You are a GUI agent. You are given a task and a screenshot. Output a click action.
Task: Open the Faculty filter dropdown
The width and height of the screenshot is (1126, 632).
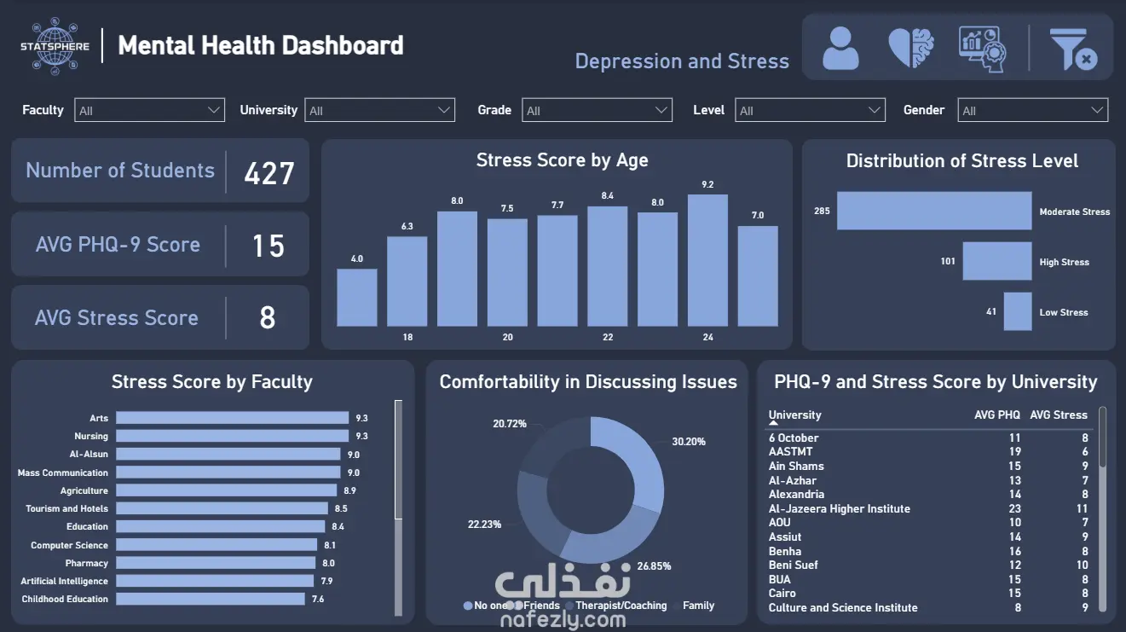pyautogui.click(x=149, y=110)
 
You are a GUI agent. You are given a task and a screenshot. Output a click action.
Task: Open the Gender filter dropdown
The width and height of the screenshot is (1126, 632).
pyautogui.click(x=1032, y=110)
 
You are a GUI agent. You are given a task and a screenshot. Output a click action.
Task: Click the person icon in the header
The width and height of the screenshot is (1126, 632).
pyautogui.click(x=840, y=48)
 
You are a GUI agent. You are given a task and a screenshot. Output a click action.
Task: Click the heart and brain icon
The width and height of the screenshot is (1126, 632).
pyautogui.click(x=911, y=48)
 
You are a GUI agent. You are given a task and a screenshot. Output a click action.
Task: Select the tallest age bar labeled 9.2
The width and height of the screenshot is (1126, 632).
pyautogui.click(x=707, y=260)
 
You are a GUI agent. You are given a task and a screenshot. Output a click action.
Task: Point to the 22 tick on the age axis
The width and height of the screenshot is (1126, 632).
pyautogui.click(x=608, y=338)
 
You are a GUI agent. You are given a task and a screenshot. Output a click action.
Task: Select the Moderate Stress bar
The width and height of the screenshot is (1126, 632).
pyautogui.click(x=933, y=211)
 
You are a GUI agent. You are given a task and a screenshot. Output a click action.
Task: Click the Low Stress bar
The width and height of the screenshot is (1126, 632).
pyautogui.click(x=1018, y=311)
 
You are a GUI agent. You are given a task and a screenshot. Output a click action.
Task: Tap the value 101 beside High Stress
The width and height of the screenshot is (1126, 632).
pyautogui.click(x=948, y=262)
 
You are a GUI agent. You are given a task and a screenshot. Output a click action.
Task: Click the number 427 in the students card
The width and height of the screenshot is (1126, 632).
pyautogui.click(x=269, y=173)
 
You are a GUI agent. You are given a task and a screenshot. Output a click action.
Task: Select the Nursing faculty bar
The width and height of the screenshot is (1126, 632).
pyautogui.click(x=232, y=436)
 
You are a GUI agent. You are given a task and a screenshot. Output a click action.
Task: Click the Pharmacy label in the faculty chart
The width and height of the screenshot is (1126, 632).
pyautogui.click(x=87, y=563)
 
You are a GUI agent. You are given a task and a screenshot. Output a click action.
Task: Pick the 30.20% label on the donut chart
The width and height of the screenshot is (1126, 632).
pyautogui.click(x=689, y=442)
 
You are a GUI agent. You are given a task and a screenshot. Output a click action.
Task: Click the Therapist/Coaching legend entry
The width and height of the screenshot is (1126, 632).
pyautogui.click(x=621, y=606)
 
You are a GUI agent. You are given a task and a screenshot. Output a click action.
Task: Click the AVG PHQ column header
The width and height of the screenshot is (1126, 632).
pyautogui.click(x=996, y=415)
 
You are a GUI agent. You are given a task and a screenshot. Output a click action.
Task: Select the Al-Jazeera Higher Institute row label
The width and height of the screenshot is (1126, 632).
pyautogui.click(x=839, y=508)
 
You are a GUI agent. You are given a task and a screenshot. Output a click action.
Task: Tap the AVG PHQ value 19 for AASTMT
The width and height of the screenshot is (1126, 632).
pyautogui.click(x=1014, y=452)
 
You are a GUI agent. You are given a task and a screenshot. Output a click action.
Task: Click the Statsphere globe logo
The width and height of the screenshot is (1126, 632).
pyautogui.click(x=55, y=45)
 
